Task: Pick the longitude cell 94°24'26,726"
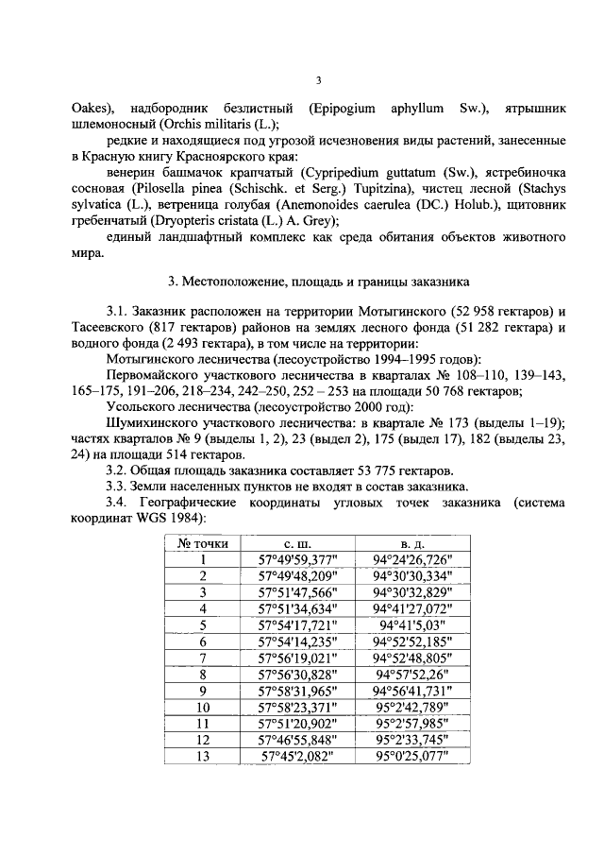tap(412, 559)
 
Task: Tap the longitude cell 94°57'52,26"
tap(412, 674)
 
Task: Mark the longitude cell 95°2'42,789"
tap(412, 707)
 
